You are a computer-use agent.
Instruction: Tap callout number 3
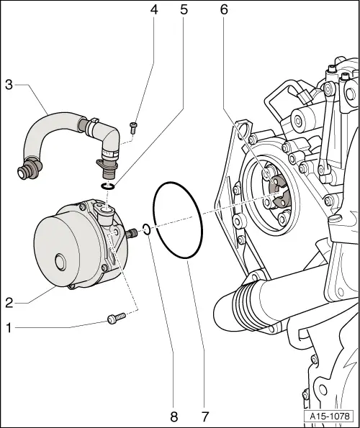click(x=9, y=85)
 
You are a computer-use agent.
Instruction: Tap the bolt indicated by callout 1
click(x=116, y=317)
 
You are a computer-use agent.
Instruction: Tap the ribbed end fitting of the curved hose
click(x=29, y=173)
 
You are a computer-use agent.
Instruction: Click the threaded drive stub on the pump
click(x=132, y=234)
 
